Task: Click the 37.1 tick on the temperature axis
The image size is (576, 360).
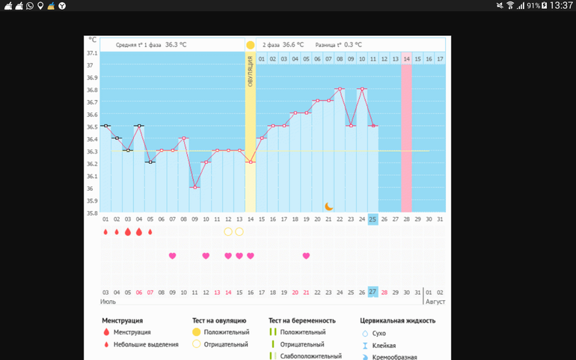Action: coord(92,53)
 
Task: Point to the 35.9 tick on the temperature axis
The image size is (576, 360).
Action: coord(92,201)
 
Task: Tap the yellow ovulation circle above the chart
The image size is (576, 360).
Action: coord(251,45)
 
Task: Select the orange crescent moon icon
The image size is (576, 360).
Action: coord(328,206)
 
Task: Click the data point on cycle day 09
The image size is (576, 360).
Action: coord(194,187)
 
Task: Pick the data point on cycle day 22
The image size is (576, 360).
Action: coord(340,89)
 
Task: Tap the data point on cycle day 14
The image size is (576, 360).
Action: coord(251,162)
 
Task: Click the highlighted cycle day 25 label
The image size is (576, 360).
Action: coord(373,219)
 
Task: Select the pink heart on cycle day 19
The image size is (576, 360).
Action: coord(306,256)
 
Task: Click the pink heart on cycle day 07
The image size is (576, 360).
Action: coord(172,256)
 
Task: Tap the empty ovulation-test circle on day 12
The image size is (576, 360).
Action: coord(228,232)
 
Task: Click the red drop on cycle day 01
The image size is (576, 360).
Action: coord(105,232)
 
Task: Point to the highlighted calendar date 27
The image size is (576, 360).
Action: coord(373,292)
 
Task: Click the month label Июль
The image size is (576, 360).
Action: coord(108,302)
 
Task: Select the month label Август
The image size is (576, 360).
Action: coord(435,302)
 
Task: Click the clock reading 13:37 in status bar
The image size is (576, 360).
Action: coord(560,5)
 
